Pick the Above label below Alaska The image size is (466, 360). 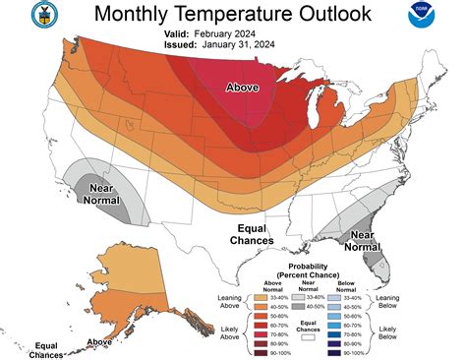coord(99,342)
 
